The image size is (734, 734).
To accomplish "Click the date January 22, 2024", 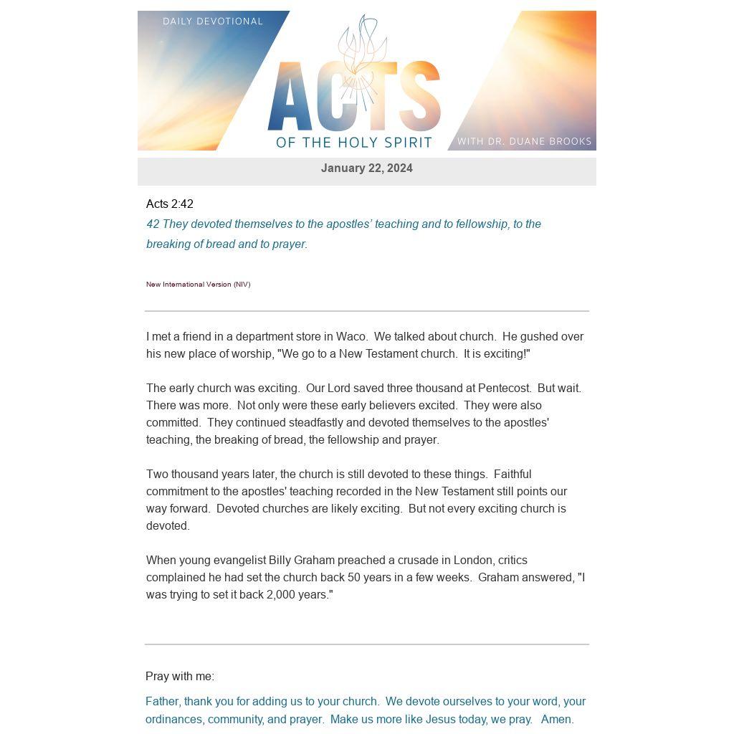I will (x=366, y=168).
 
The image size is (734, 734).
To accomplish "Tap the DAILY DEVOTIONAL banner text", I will (x=213, y=22).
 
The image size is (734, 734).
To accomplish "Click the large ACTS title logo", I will (x=353, y=96).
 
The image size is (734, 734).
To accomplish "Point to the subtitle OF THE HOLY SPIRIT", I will (x=354, y=143).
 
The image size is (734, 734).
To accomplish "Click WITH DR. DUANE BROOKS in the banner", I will (x=524, y=141).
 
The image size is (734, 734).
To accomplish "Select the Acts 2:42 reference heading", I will (x=170, y=204).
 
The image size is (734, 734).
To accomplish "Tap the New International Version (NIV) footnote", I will (x=198, y=285).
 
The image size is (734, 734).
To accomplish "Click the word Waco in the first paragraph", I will (x=351, y=337).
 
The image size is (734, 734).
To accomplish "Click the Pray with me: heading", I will (x=180, y=677).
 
